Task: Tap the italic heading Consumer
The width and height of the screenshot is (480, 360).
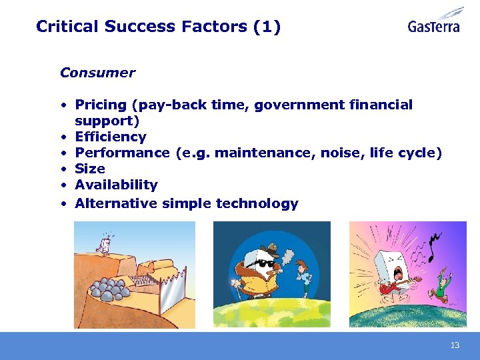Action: [x=97, y=73]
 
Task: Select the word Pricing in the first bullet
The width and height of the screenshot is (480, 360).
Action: [x=101, y=105]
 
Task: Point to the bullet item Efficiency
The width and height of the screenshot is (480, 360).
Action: [x=111, y=137]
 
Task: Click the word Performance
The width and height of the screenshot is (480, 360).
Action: [x=123, y=153]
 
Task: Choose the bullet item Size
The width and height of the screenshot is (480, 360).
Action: [x=90, y=169]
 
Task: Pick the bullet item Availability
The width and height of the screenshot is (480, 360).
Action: [x=116, y=185]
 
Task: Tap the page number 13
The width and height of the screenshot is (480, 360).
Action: [x=455, y=345]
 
